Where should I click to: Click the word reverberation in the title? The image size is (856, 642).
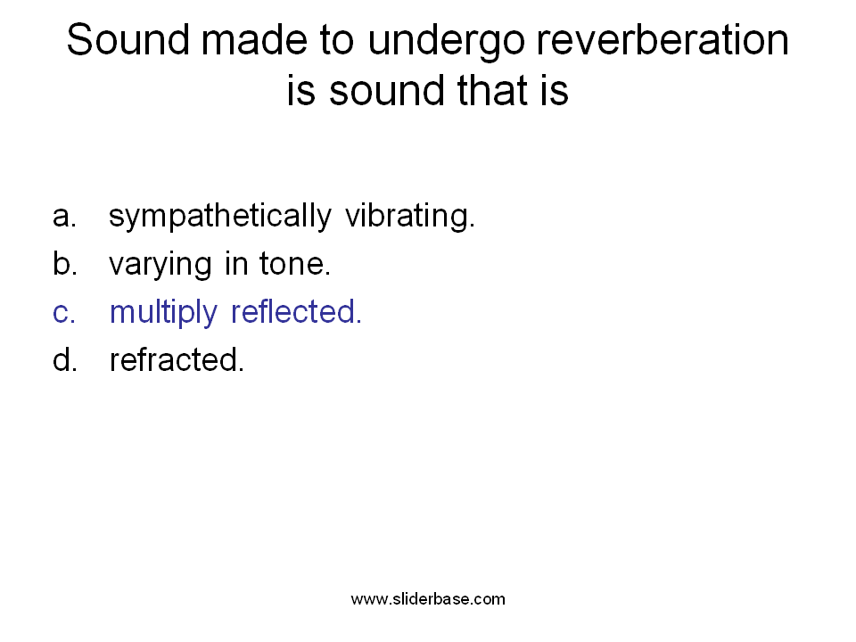[663, 40]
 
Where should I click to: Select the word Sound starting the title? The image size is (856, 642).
[128, 40]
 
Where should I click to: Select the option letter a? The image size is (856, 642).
[64, 216]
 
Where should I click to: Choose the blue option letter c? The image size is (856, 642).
[64, 313]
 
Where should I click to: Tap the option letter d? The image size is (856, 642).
[64, 359]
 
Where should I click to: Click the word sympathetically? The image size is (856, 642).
[220, 217]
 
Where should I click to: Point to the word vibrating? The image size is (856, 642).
[410, 217]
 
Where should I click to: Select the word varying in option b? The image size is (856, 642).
[160, 266]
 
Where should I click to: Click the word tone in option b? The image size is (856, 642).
[295, 264]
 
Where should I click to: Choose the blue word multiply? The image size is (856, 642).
[163, 313]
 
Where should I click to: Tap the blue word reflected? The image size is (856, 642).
[296, 311]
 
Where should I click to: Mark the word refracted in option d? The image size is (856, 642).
[177, 359]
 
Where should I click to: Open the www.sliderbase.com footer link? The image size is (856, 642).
[428, 599]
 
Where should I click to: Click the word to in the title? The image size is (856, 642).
[337, 41]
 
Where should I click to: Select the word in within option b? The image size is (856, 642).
[235, 264]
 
